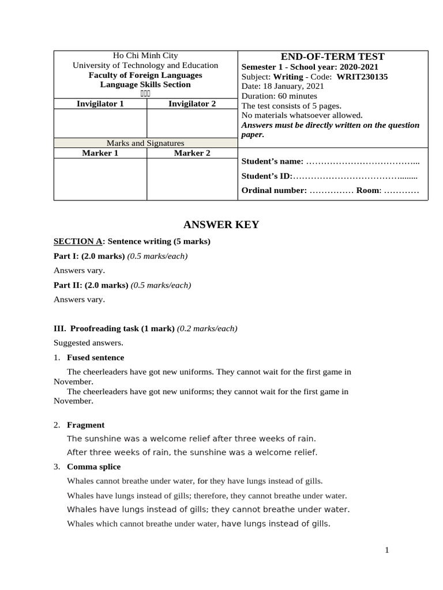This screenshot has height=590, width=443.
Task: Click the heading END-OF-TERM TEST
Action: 332,56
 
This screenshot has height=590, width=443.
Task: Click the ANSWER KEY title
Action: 221,225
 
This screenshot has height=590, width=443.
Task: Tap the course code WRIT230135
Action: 362,76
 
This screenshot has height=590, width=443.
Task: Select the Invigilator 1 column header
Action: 100,104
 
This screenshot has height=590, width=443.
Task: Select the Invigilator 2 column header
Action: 192,104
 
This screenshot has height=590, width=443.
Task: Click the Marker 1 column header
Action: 100,153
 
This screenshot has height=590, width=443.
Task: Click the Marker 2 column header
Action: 192,153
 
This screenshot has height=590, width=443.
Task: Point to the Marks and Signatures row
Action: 145,143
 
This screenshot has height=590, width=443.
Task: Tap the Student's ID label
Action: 267,176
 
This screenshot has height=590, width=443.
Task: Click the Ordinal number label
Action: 274,191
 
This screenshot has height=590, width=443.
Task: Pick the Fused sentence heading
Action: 95,358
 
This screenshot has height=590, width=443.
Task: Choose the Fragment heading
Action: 86,425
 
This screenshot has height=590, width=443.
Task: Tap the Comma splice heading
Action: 93,467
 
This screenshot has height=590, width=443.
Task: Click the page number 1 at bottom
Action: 387,550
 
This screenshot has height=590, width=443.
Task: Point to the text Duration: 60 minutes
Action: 279,96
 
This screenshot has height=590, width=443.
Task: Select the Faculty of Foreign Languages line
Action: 145,75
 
